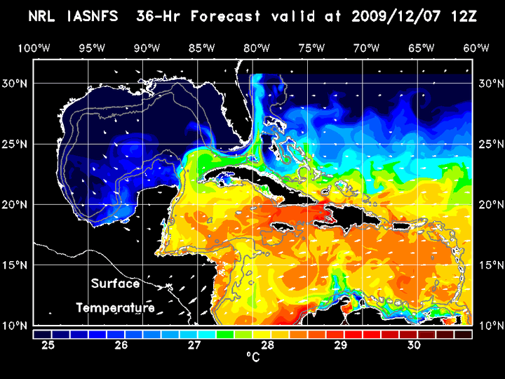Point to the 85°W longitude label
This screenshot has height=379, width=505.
coord(202,48)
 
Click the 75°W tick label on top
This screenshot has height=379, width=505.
coord(314,48)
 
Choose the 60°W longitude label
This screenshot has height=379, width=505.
coord(477,48)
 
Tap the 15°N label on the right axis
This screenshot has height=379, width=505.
coord(490,265)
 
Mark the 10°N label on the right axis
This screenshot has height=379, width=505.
coord(490,326)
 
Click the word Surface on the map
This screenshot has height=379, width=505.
coord(116,284)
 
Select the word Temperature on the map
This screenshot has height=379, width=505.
coord(116,307)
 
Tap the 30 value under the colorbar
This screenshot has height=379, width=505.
coord(414,345)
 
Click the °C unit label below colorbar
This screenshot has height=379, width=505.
coord(253,358)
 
